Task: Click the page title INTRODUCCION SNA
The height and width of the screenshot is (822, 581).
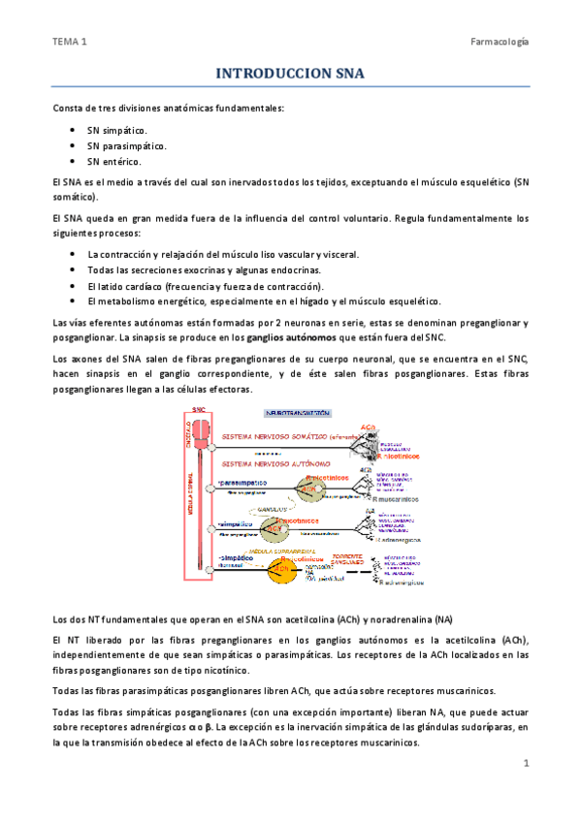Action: click(290, 73)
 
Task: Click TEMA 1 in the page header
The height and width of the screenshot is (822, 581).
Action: click(70, 42)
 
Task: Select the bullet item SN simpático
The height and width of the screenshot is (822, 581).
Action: click(117, 128)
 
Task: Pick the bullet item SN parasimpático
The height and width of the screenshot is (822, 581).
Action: click(126, 144)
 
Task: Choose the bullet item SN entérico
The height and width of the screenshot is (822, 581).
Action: click(113, 161)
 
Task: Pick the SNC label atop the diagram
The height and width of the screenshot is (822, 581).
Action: click(199, 410)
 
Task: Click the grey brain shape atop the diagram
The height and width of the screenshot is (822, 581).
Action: click(200, 425)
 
